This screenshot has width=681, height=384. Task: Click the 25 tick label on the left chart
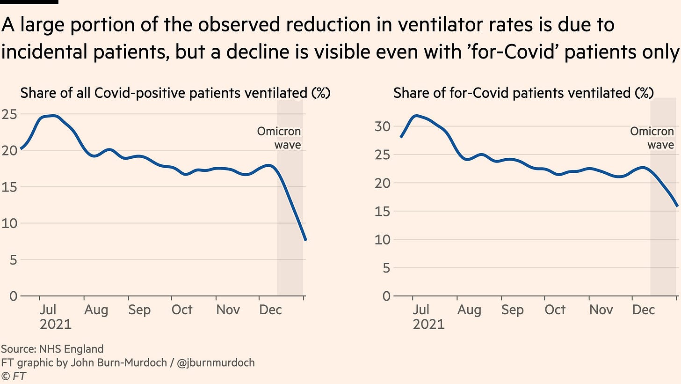[x=10, y=114]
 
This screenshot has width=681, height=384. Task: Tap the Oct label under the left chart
[x=181, y=310]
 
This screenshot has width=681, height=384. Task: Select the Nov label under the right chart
[x=601, y=310]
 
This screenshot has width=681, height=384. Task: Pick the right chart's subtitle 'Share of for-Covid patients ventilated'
[x=523, y=93]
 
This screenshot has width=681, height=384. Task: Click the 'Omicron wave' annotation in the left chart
[x=279, y=138]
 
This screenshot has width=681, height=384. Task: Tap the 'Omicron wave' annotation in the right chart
[x=652, y=138]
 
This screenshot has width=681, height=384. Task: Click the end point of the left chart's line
[x=305, y=240]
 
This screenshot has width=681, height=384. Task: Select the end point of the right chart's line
[x=678, y=206]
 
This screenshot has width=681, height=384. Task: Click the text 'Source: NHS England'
[x=52, y=349]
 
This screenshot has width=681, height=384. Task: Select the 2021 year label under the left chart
[x=55, y=324]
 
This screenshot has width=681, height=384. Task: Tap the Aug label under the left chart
[x=96, y=310]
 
